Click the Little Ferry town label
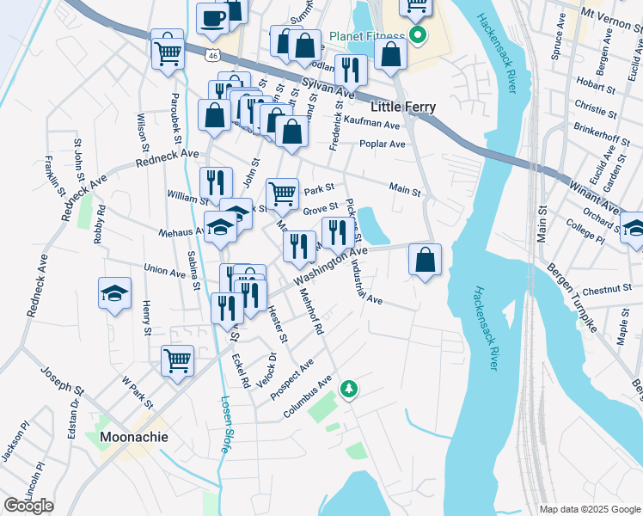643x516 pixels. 402,107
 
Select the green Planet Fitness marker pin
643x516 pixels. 418,35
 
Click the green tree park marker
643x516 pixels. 349,389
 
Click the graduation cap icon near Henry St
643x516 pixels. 115,293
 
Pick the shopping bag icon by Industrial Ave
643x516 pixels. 425,259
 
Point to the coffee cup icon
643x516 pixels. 212,18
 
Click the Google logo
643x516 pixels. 28,506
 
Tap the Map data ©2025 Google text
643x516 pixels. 590,509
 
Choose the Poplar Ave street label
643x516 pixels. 383,144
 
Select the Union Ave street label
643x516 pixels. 165,272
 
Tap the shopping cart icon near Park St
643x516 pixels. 283,194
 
